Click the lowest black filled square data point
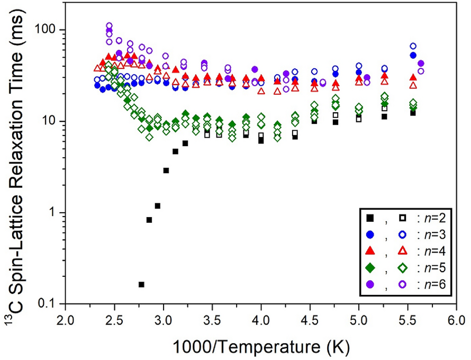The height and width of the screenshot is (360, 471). coord(141,284)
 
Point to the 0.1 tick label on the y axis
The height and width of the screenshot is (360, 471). coord(49,304)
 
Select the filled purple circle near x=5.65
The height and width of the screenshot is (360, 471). coord(421,64)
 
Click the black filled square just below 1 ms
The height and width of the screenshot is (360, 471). coord(149,220)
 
